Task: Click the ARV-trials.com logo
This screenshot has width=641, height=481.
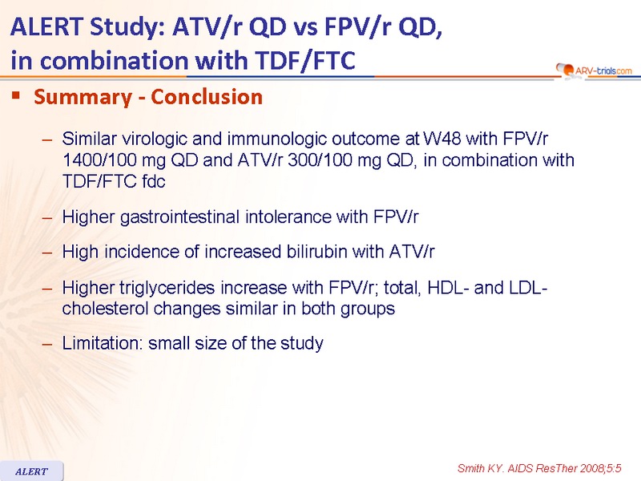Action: (x=594, y=71)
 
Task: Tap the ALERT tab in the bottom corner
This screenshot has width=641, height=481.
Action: (x=31, y=471)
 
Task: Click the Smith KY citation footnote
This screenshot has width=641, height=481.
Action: (x=539, y=468)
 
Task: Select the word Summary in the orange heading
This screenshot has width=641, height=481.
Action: (x=83, y=97)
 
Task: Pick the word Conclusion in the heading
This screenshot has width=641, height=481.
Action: (x=207, y=97)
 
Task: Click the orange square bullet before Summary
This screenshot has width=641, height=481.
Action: (x=16, y=95)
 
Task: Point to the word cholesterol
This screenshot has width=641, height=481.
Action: (x=105, y=309)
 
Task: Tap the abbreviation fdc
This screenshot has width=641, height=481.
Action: (x=154, y=181)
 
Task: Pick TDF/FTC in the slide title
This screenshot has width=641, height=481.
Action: (x=305, y=61)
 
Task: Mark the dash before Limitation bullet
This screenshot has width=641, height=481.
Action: (x=47, y=344)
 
